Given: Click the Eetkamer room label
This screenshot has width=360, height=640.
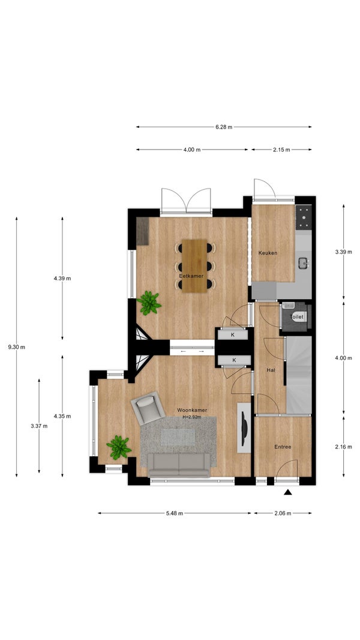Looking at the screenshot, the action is [x=191, y=276].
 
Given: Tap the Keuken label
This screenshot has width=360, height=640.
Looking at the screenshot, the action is [x=268, y=253].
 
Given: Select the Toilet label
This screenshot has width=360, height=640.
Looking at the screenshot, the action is [x=296, y=317].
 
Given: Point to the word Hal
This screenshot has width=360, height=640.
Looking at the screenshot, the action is [x=271, y=370].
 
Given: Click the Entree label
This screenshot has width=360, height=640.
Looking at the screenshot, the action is [x=283, y=447].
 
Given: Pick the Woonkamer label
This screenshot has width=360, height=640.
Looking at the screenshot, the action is [x=192, y=410].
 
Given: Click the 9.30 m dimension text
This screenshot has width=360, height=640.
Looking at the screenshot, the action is [x=17, y=348].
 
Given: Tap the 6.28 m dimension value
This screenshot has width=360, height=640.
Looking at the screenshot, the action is [x=224, y=127].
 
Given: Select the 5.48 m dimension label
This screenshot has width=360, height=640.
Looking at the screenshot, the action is [x=175, y=513].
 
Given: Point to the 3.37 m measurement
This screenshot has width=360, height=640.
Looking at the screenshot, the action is [x=39, y=426].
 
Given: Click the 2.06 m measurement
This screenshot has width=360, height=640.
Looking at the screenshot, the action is [x=283, y=513].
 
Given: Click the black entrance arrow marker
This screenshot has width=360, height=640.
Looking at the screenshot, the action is [x=288, y=492].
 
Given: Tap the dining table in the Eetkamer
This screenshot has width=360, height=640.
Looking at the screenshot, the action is [x=194, y=266].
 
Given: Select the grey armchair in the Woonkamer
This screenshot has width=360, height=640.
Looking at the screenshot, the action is [x=148, y=408].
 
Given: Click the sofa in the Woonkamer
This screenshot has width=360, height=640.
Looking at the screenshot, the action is [x=179, y=465].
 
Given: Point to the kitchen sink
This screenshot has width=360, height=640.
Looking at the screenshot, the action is [x=304, y=264].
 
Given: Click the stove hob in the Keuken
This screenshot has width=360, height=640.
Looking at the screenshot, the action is [x=304, y=216].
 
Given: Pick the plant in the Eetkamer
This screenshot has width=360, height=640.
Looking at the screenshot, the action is [x=149, y=303].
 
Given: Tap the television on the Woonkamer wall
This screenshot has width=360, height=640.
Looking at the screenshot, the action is [x=244, y=427].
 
